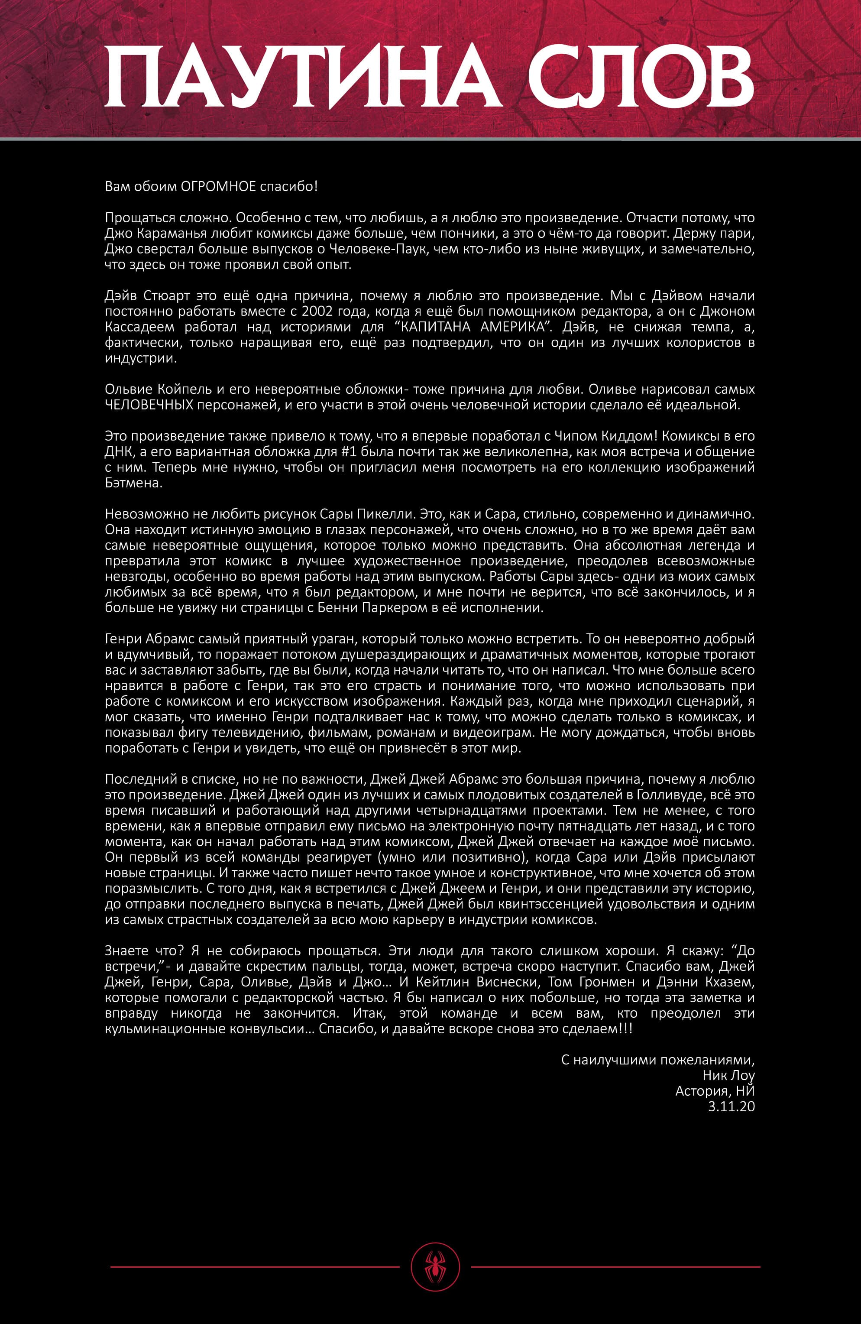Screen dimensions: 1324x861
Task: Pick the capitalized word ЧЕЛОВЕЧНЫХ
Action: click(x=149, y=404)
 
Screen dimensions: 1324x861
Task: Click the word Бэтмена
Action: click(x=133, y=482)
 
